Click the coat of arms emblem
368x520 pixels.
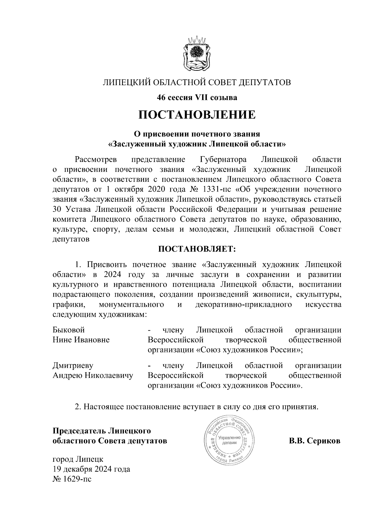pyautogui.click(x=197, y=54)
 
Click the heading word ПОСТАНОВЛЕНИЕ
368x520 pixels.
pyautogui.click(x=197, y=115)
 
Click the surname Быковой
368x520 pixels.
pyautogui.click(x=69, y=330)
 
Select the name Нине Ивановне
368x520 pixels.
pyautogui.click(x=81, y=340)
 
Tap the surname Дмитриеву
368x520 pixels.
pyautogui.click(x=73, y=366)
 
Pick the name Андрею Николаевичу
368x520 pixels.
pyautogui.click(x=93, y=375)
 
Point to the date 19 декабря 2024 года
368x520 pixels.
pyautogui.click(x=91, y=469)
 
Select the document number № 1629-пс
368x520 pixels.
pyautogui.click(x=72, y=479)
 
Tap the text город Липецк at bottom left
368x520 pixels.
pyautogui.click(x=78, y=459)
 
